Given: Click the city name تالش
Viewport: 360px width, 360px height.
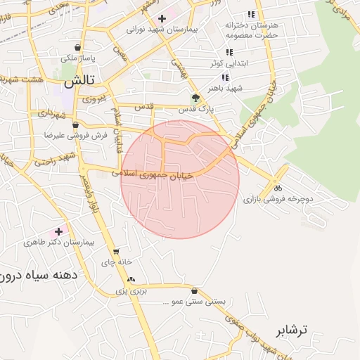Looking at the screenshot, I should [x=79, y=82].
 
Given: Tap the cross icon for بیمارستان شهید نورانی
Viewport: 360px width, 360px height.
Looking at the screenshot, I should [x=162, y=18].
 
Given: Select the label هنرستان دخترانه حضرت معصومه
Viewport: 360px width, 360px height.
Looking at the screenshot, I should [x=252, y=30].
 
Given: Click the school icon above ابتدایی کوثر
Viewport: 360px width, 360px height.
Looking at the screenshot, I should [x=229, y=52].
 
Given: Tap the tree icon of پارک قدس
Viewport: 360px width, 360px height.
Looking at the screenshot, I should [x=195, y=98].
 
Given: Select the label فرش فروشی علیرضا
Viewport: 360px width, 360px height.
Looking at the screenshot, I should [x=79, y=134].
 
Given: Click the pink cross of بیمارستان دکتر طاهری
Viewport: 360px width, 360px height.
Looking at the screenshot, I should [x=58, y=231].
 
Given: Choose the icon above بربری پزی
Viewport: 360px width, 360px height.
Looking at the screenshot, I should [x=131, y=279].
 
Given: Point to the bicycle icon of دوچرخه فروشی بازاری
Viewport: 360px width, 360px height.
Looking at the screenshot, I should [x=278, y=188].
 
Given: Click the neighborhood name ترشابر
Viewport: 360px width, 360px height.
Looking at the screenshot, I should [x=291, y=329].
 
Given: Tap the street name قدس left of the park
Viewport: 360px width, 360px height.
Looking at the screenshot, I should [x=143, y=107].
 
